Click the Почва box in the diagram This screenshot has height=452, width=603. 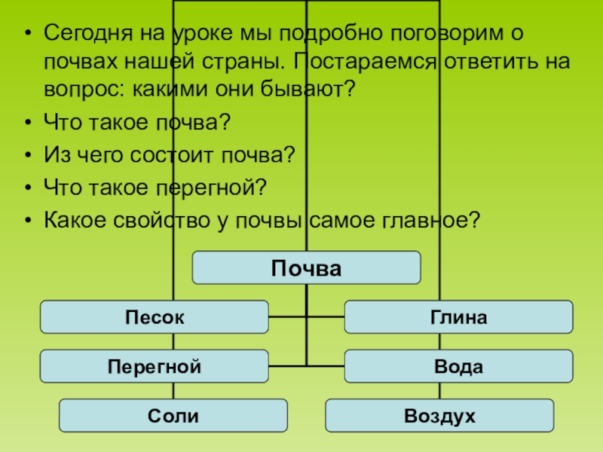pos(307,267)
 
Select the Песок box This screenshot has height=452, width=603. pos(154,316)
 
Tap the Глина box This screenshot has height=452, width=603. pos(458,316)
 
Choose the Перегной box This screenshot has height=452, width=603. pos(154,366)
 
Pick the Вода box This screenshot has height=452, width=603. pos(458,366)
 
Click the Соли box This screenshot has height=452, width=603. pos(173,415)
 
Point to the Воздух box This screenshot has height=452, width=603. pos(439,415)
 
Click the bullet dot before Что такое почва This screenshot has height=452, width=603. pos(28,121)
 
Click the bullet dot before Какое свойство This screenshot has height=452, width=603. pos(28,219)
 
